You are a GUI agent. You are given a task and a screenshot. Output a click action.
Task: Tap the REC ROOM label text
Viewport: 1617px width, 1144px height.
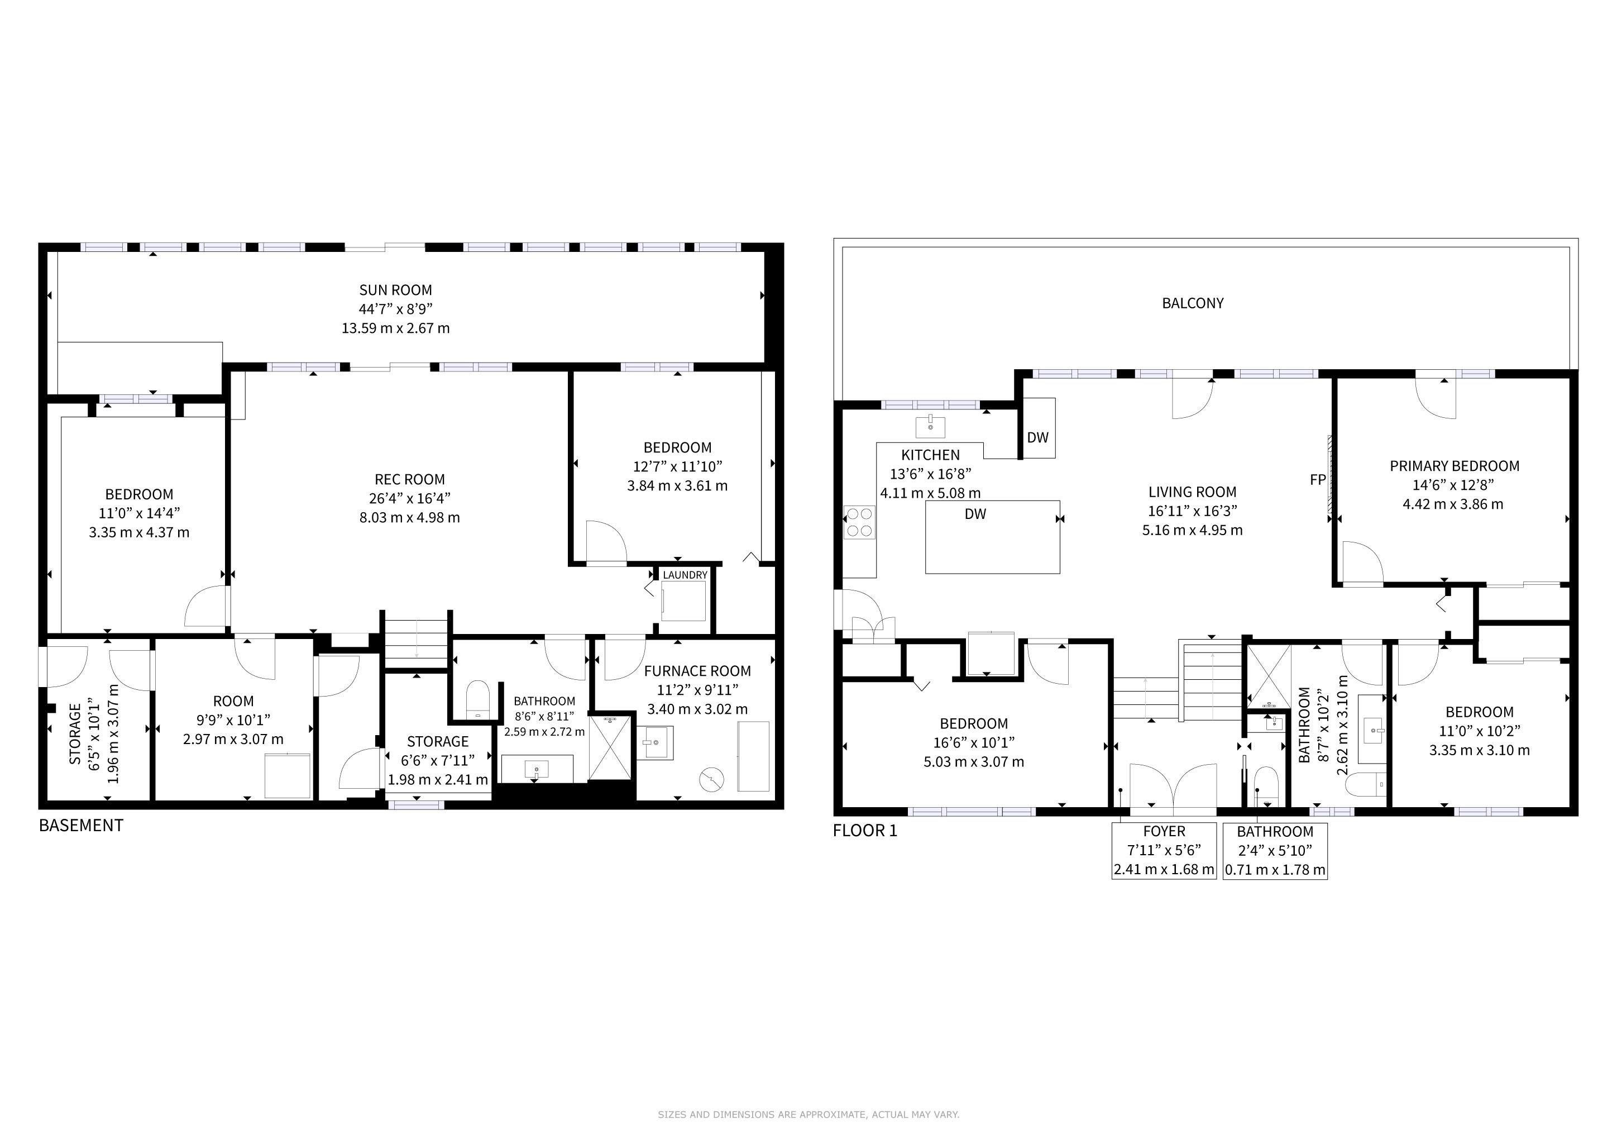coord(409,479)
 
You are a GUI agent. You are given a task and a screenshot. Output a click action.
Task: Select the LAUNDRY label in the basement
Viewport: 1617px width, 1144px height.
coord(685,575)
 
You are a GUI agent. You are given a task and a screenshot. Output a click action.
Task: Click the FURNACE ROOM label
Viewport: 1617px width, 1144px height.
coord(697,671)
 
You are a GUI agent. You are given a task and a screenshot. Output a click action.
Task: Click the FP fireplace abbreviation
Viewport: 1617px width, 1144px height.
coord(1318,480)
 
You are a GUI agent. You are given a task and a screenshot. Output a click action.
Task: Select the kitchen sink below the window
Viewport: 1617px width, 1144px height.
coord(930,427)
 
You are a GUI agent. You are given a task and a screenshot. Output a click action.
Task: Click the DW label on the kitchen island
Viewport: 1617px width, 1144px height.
coord(975,514)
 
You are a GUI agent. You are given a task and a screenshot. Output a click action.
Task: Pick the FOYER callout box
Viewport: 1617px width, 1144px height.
coord(1164,850)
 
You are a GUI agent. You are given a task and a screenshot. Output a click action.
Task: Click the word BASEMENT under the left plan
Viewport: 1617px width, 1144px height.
coord(81,826)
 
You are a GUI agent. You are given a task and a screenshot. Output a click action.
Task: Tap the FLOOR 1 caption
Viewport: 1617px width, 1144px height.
coord(865,831)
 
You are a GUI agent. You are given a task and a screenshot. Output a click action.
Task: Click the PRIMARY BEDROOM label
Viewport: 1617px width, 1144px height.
coord(1455,466)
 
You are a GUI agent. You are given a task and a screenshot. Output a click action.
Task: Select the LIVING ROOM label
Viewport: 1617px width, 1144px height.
coord(1192,492)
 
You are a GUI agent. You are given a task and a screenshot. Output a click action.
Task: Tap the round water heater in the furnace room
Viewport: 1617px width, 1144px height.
coord(711,779)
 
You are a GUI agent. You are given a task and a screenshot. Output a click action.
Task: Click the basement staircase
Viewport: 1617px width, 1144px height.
coord(416,640)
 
